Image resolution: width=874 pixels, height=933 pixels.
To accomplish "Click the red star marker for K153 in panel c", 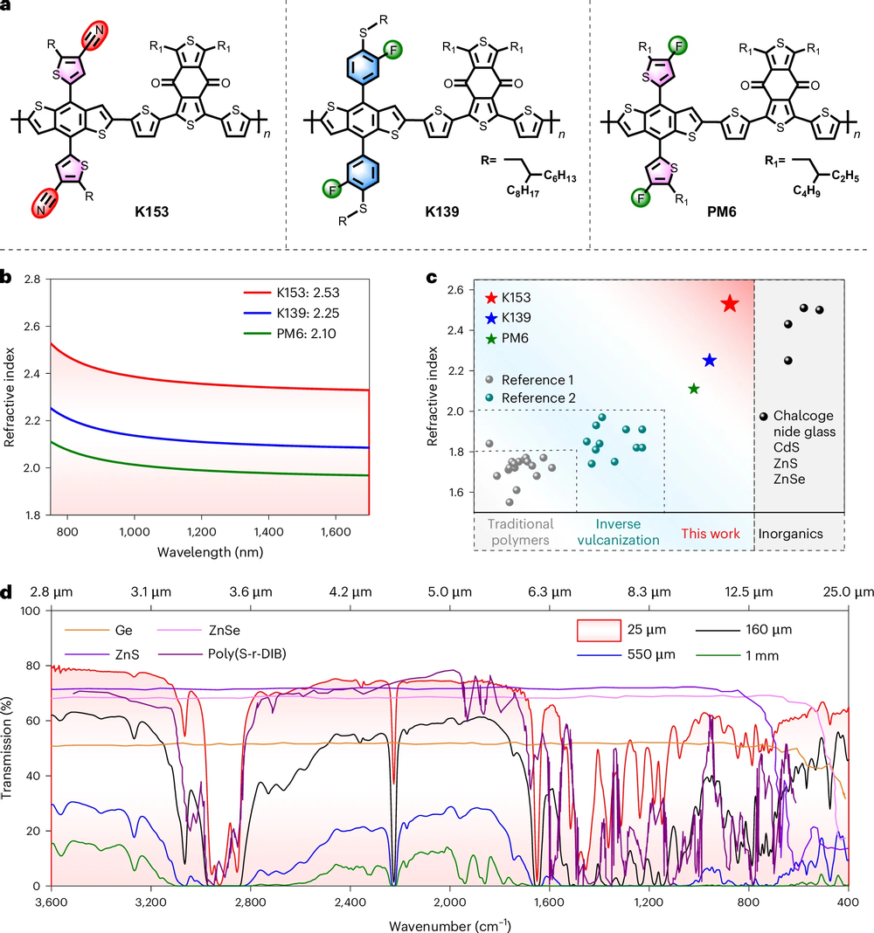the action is [730, 303].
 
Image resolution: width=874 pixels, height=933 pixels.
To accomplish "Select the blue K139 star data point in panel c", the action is [709, 361].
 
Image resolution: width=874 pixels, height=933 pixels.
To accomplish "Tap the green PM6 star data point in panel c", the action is [694, 389].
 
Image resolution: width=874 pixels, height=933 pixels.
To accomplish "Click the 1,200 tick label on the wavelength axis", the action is [202, 532].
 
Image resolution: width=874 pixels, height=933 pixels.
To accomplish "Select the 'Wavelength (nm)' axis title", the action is [210, 552].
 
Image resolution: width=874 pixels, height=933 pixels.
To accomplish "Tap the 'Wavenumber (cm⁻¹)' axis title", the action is [449, 926].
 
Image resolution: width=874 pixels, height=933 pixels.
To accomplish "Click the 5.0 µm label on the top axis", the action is [449, 592].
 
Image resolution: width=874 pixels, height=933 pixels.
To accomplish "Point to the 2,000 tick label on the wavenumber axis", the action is [449, 902].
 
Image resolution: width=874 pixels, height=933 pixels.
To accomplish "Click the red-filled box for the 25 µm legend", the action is [599, 630].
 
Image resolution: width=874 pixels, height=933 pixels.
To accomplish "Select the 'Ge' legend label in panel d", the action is [124, 630].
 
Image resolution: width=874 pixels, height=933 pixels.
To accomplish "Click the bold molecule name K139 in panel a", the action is [441, 211].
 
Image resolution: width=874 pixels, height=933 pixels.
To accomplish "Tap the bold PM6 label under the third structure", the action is [722, 211].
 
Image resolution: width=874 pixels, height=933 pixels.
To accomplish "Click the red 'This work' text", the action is [711, 534].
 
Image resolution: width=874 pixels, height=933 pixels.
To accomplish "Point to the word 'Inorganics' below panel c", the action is [791, 535].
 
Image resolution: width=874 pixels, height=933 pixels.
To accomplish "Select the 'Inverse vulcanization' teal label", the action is [618, 532].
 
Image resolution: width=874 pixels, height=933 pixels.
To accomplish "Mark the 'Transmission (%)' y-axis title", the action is [7, 748].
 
